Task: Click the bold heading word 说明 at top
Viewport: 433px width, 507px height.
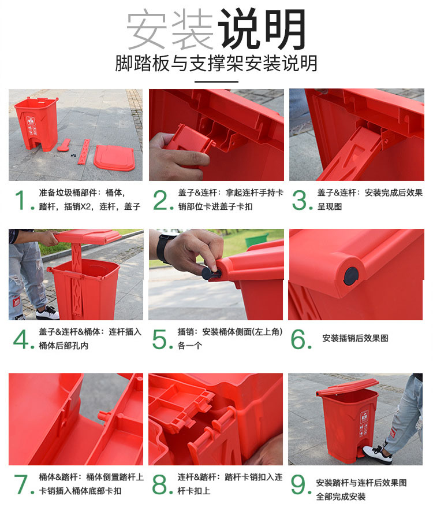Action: point(262,29)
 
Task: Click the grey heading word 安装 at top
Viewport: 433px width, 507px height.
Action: point(170,29)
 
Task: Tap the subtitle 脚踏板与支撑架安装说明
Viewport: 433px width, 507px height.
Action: point(216,63)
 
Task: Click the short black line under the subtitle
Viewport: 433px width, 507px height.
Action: point(216,82)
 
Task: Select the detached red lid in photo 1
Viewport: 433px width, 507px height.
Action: point(114,158)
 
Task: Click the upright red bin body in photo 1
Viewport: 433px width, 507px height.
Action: point(37,124)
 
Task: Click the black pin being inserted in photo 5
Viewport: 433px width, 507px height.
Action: point(210,272)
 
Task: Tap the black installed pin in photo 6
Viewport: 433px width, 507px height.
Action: point(351,276)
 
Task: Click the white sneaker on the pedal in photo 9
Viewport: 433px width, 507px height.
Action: point(378,453)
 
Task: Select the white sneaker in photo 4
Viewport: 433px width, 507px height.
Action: point(47,313)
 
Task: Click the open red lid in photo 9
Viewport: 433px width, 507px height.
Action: point(347,387)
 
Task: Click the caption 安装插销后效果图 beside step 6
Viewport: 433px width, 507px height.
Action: point(355,338)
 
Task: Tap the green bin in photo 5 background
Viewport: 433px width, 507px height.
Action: point(257,240)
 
